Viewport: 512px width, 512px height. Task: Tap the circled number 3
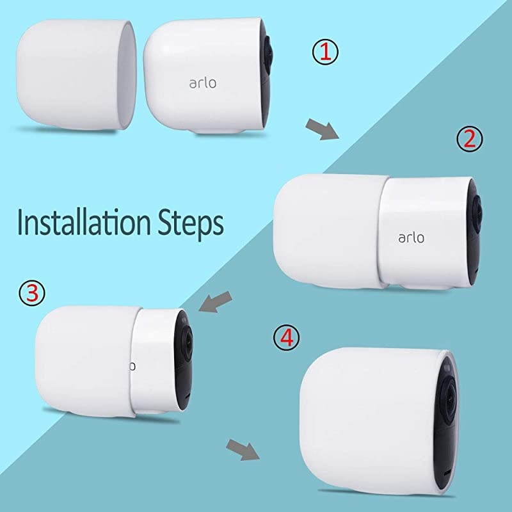coord(33,292)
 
